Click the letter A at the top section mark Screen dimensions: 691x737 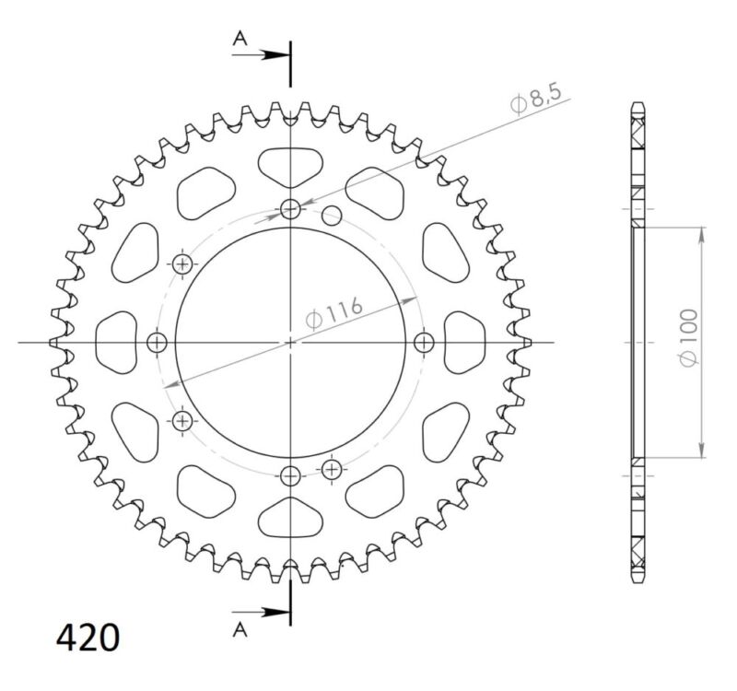tap(240, 38)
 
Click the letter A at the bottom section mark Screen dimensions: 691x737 tap(240, 629)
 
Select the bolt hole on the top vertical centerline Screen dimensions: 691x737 tap(290, 209)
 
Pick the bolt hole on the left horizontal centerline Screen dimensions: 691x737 tap(158, 343)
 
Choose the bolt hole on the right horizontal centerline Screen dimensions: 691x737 tap(424, 343)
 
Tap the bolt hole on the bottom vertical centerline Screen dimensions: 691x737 tap(290, 476)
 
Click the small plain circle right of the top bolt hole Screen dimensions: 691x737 tap(333, 217)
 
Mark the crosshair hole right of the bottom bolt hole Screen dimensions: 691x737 tap(332, 469)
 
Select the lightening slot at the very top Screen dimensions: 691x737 tap(290, 165)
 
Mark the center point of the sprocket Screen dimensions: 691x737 tap(290, 343)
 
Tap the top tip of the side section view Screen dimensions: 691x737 tap(638, 101)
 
